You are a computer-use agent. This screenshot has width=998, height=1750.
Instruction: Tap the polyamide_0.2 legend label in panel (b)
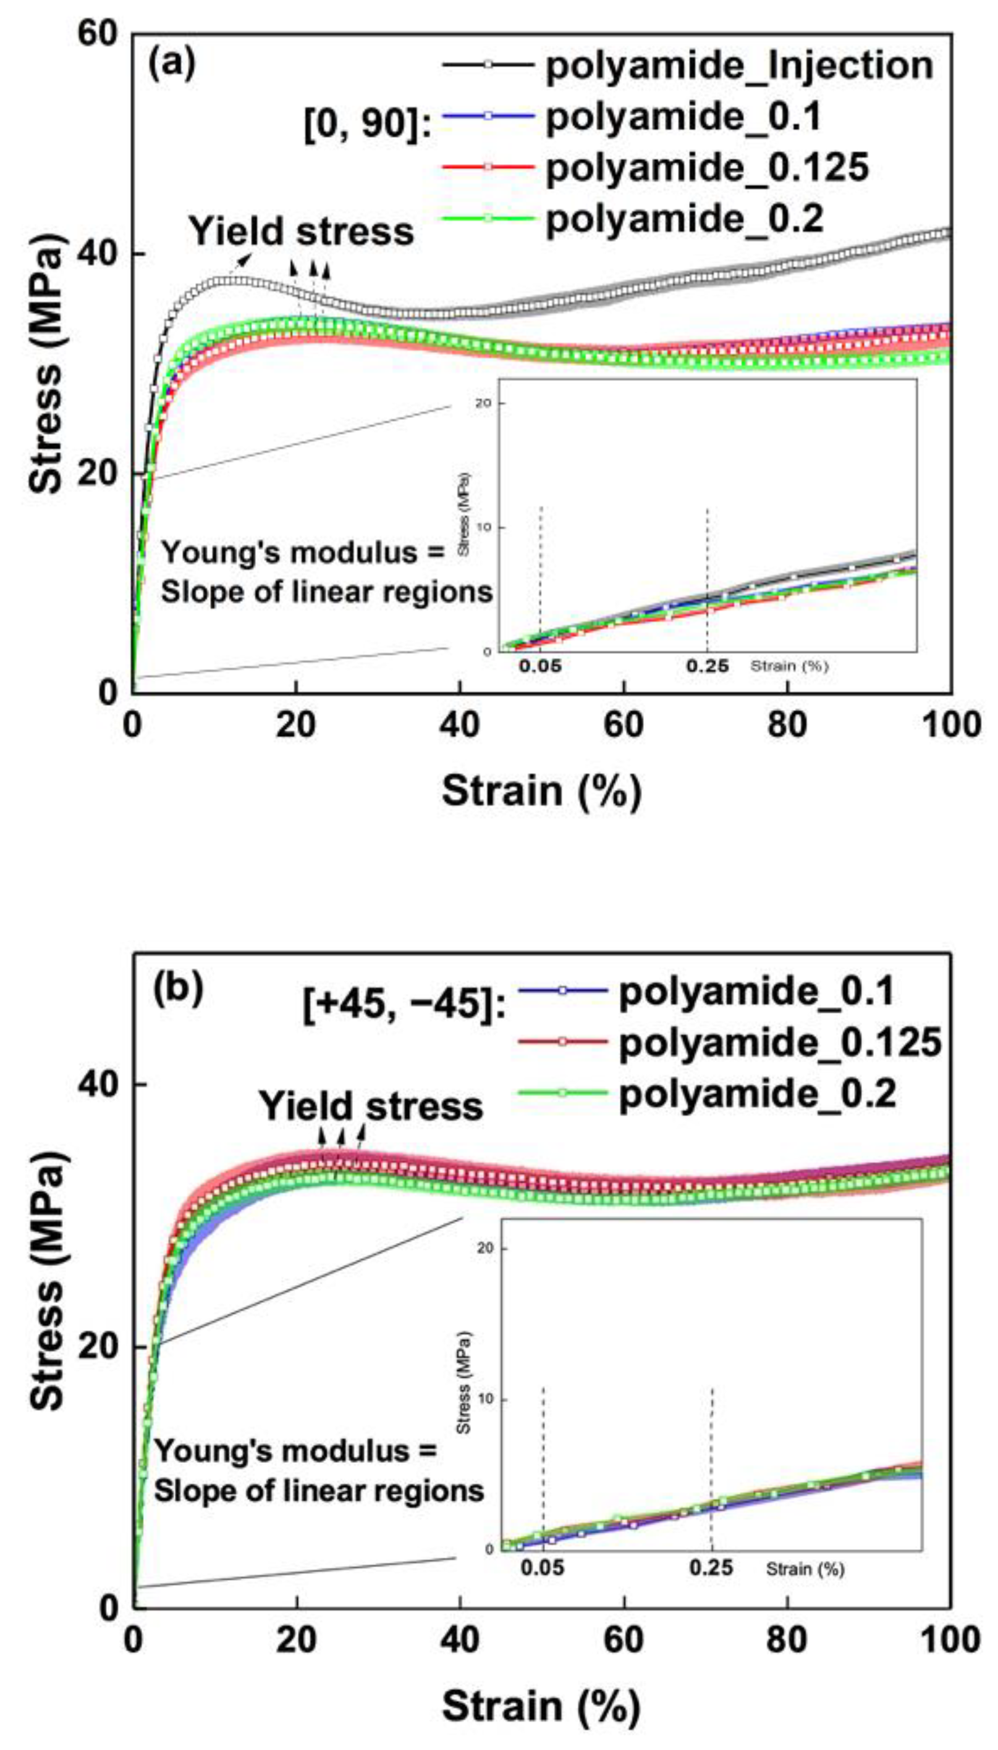[758, 1094]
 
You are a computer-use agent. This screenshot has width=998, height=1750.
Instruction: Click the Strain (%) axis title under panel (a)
[541, 792]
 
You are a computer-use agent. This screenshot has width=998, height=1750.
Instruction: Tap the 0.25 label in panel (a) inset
[708, 666]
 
